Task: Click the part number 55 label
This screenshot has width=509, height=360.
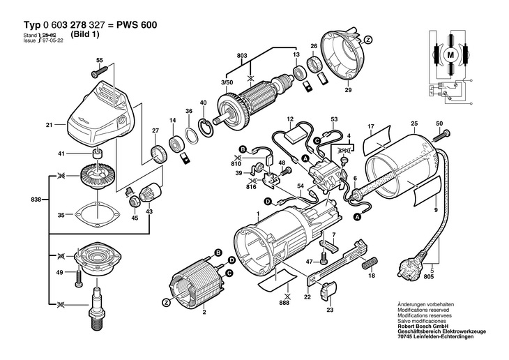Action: pyautogui.click(x=99, y=60)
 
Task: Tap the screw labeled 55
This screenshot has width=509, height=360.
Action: pyautogui.click(x=99, y=71)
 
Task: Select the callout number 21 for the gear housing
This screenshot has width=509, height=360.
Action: pyautogui.click(x=49, y=124)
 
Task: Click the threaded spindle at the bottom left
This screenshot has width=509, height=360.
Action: pyautogui.click(x=97, y=308)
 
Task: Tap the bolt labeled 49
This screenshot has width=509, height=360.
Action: pyautogui.click(x=79, y=276)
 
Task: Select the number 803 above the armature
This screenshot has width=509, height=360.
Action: pyautogui.click(x=242, y=56)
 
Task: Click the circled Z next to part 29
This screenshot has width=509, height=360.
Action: pyautogui.click(x=367, y=40)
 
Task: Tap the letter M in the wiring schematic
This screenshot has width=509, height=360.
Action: pyautogui.click(x=450, y=55)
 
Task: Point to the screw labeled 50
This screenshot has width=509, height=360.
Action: pyautogui.click(x=441, y=135)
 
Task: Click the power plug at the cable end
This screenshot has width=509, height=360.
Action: pyautogui.click(x=411, y=267)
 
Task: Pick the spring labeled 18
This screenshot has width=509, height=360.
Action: pyautogui.click(x=370, y=262)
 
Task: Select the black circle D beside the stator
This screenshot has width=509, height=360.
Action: pyautogui.click(x=231, y=260)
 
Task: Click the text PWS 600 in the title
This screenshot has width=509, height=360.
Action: pyautogui.click(x=137, y=24)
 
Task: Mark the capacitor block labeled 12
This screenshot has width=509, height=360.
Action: pyautogui.click(x=295, y=135)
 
